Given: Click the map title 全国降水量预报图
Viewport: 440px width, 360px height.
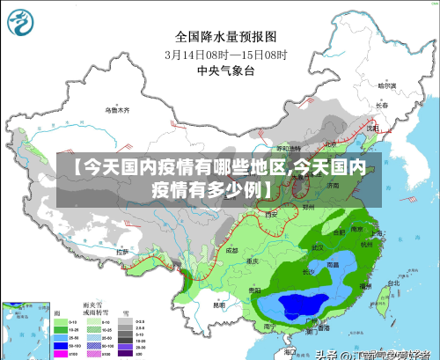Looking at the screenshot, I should point(226,36).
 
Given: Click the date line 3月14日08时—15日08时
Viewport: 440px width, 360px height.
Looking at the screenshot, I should point(226,53).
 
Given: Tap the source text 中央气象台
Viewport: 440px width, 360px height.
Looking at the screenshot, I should point(226,69).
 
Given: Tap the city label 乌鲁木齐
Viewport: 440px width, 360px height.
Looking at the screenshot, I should point(117,111).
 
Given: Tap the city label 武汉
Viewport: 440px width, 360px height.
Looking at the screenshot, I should point(318,247).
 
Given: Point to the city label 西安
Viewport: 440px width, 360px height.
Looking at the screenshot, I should point(271,214).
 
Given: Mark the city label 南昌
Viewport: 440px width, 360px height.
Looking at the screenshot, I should point(333,263).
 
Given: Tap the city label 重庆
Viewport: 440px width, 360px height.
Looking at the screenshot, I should point(253,261).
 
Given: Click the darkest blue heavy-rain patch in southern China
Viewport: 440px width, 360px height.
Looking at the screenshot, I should point(299,305).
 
